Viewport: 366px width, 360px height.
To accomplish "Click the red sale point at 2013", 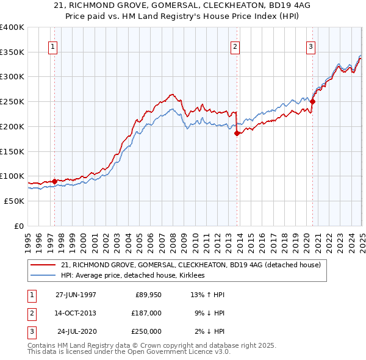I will pos(237,133).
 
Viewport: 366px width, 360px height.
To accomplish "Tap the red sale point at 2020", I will pos(312,102).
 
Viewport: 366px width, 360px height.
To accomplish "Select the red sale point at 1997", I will pos(54,181).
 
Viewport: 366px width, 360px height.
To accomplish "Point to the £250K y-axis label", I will pos(12,102).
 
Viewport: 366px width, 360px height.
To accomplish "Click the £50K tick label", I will pos(14,201).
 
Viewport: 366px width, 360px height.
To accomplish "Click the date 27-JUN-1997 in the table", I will pos(76,295).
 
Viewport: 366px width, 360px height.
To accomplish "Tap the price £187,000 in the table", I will pos(146,313).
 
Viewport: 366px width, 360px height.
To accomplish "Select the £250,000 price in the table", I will pos(146,331).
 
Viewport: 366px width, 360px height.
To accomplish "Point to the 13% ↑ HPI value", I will pos(207,295).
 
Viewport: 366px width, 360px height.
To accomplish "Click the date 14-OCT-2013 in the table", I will pos(76,313).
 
